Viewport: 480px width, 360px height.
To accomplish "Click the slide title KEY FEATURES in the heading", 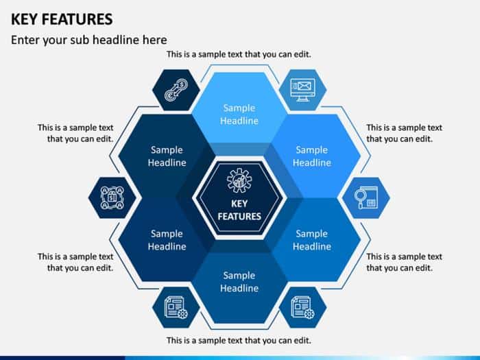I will point(62,19).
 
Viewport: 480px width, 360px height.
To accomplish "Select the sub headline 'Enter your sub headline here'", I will point(88,40).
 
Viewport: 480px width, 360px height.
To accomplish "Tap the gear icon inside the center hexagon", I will point(239,180).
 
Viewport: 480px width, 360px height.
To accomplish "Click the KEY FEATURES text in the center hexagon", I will point(239,210).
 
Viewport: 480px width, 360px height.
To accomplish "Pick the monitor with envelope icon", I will point(302,88).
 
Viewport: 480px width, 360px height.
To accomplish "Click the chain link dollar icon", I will point(176,90).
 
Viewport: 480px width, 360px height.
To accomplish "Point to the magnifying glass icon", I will point(365,198).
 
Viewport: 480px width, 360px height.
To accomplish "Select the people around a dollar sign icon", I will point(112,197).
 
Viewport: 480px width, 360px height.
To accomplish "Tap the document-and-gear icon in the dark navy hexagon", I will point(176,307).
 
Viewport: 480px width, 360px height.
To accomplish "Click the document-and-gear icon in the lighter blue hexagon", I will point(302,307).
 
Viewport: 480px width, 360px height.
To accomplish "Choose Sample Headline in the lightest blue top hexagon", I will point(239,114).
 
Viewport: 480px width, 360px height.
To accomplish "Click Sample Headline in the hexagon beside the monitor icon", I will point(311,156).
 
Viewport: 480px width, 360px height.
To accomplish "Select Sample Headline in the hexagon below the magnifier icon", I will point(311,240).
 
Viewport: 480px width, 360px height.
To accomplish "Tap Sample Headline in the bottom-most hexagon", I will point(239,282).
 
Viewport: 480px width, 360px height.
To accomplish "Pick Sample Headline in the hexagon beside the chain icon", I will point(167,156).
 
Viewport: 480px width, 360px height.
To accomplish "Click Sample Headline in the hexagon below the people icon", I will point(167,240).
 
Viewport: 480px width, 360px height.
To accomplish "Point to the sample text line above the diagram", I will point(239,54).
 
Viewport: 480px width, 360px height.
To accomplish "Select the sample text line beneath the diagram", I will point(239,340).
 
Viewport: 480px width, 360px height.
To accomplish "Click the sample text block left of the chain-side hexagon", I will point(75,133).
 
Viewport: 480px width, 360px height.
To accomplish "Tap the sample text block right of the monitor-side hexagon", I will point(404,133).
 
